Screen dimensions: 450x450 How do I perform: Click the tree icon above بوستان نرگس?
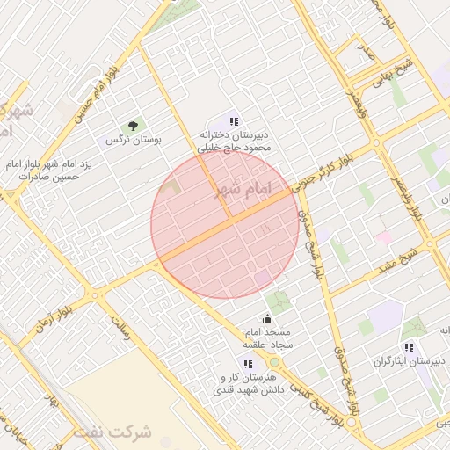134,127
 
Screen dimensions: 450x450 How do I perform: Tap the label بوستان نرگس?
130,141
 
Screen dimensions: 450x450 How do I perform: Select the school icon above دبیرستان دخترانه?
233,121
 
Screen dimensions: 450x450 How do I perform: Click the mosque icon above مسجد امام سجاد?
268,319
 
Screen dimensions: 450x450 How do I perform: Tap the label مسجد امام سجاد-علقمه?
272,339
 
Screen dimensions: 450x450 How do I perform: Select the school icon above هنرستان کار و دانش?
248,362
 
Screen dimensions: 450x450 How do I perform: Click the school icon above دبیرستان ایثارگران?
407,347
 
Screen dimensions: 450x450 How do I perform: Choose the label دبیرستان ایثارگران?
410,362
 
